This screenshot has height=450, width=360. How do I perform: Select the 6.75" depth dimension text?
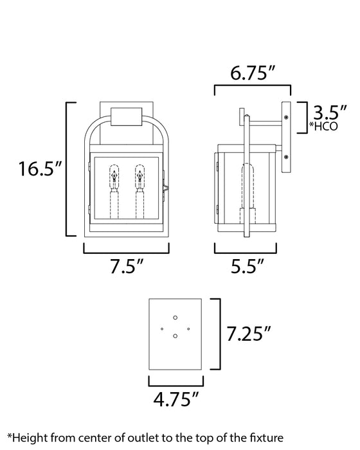point(253,75)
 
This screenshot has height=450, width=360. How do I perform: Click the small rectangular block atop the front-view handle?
point(127,117)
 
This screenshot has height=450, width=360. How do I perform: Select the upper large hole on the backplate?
point(175,316)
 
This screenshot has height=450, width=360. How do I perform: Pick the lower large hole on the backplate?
point(175,335)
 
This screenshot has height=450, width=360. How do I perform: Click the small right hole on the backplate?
point(188,329)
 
